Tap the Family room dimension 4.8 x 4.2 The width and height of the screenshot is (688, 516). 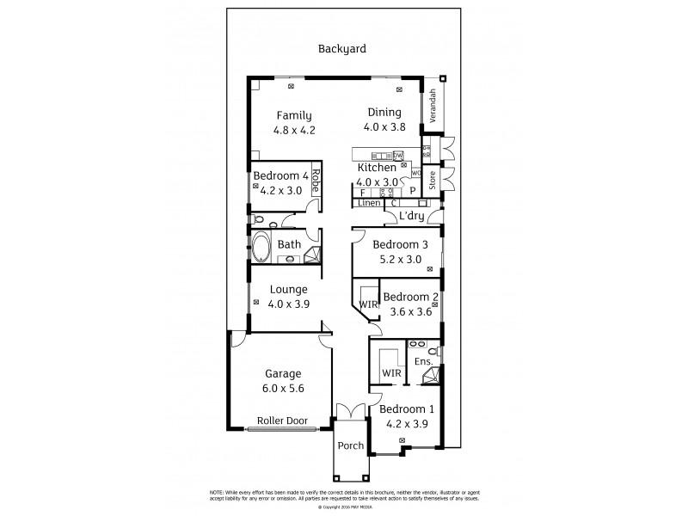[x=295, y=131]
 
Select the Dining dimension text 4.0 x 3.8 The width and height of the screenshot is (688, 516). [x=384, y=126]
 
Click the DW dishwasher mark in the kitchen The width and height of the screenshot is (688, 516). [x=397, y=156]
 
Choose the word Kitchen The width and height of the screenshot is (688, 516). [x=377, y=168]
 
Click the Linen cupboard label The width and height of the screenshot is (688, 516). [x=369, y=203]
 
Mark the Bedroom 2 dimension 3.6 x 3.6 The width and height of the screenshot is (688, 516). [x=409, y=311]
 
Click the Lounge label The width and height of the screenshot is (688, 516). [x=288, y=290]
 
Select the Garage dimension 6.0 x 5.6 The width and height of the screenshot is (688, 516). [x=282, y=388]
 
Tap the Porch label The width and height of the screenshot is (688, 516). [x=351, y=445]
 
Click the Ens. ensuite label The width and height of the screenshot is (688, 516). [x=423, y=363]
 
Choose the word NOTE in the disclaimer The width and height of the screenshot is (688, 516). [x=218, y=491]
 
